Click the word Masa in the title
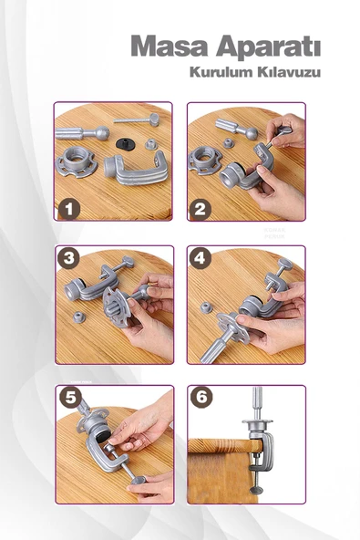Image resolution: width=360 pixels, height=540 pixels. coord(169,46)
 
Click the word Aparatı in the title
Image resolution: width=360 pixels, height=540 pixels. coord(269,47)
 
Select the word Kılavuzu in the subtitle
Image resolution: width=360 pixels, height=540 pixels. coord(290,72)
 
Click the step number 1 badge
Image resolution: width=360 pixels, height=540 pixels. coord(69,209)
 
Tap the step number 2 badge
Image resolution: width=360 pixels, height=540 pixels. coord(201,209)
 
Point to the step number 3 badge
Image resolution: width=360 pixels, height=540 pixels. coord(69,257)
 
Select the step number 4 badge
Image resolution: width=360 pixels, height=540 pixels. coord(201,257)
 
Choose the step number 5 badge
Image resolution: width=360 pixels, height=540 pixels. coord(70,397)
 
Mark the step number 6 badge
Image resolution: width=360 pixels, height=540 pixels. coord(201,397)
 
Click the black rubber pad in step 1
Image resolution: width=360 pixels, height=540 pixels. coord(125,143)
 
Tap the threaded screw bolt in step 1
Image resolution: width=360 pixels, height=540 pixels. coord(137,119)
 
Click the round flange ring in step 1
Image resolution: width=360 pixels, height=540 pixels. coord(78,161)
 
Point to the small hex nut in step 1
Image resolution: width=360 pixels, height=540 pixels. coord(151,143)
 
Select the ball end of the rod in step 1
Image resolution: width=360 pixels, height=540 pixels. coord(102,132)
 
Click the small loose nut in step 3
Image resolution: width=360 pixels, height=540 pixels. coord(78,317)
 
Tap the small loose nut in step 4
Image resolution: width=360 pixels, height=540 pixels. coord(206,306)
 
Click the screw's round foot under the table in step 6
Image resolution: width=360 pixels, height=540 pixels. coord(256,490)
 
